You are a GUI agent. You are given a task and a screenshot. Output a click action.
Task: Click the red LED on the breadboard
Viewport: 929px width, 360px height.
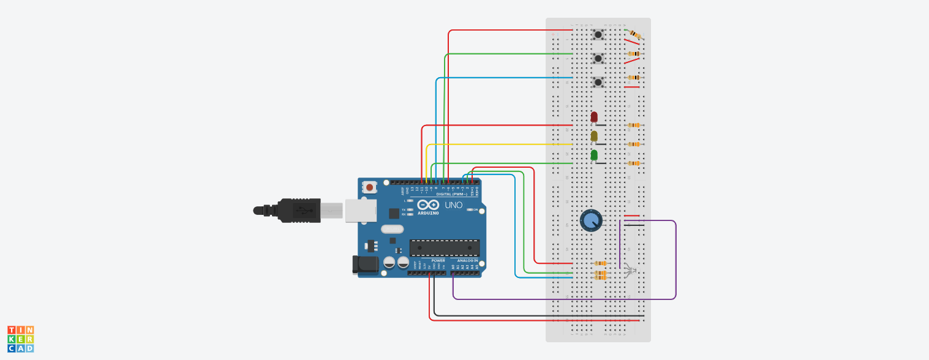(x=594, y=117)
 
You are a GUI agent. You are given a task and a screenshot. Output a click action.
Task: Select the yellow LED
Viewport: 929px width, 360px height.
(x=594, y=136)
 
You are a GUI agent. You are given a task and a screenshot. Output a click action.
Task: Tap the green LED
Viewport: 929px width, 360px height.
(x=594, y=155)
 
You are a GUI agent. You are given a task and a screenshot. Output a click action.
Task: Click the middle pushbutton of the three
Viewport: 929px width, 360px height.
(x=598, y=58)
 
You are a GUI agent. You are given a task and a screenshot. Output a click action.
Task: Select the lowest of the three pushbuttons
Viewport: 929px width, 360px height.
(x=598, y=82)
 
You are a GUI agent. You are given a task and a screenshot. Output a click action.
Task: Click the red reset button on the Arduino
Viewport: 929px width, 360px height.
(x=370, y=187)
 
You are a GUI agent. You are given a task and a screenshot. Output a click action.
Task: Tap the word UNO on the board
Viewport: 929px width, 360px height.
(x=453, y=205)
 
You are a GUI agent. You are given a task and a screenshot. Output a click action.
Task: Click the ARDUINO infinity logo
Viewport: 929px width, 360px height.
(x=429, y=205)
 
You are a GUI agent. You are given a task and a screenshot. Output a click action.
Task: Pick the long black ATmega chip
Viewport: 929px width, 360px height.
(x=444, y=248)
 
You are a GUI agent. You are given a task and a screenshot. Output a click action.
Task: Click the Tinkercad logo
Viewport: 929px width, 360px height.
(x=21, y=339)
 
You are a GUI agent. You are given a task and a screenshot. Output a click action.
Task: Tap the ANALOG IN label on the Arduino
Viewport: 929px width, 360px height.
(x=467, y=261)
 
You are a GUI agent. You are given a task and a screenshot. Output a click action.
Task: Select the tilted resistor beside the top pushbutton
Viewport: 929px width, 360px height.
(x=636, y=35)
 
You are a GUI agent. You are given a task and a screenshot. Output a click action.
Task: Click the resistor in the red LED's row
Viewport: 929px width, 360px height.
(x=634, y=126)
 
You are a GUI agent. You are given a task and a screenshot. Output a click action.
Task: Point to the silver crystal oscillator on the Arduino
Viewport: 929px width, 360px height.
(x=392, y=230)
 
